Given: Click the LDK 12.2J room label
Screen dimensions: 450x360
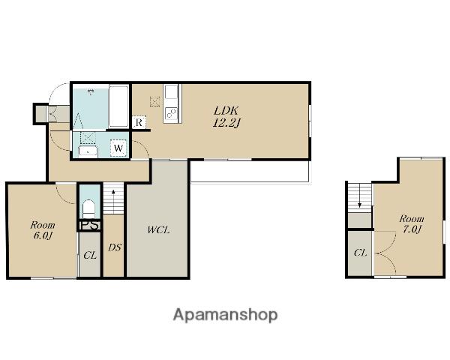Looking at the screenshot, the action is tap(226, 117).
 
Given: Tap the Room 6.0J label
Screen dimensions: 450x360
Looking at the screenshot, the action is tap(43, 230).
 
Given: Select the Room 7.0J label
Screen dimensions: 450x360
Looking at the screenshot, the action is tap(412, 224).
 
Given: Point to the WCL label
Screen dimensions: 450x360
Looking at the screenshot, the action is tap(159, 230).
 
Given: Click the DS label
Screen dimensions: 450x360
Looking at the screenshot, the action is tap(115, 247).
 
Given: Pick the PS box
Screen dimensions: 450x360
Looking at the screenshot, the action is tap(90, 225).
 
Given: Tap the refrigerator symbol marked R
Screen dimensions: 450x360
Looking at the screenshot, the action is tap(139, 122).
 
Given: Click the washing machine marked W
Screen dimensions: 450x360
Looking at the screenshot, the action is tap(118, 148).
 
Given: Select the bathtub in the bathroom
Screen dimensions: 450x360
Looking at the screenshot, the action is tap(118, 106).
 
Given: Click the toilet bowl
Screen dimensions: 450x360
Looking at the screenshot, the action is tap(88, 208).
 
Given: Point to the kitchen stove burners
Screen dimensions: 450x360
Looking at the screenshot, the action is tap(172, 114).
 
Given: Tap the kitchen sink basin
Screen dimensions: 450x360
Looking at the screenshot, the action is tap(171, 91).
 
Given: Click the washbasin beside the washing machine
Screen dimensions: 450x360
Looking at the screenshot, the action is tap(88, 151).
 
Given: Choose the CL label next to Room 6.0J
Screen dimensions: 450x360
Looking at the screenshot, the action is tap(90, 255).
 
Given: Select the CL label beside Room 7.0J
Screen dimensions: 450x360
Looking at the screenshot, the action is tap(361, 253).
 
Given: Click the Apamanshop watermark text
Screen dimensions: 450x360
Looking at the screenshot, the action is tap(225, 315).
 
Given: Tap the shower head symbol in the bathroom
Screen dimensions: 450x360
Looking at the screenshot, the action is tap(91, 92).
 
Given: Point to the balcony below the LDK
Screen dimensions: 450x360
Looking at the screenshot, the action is tap(250, 171).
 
